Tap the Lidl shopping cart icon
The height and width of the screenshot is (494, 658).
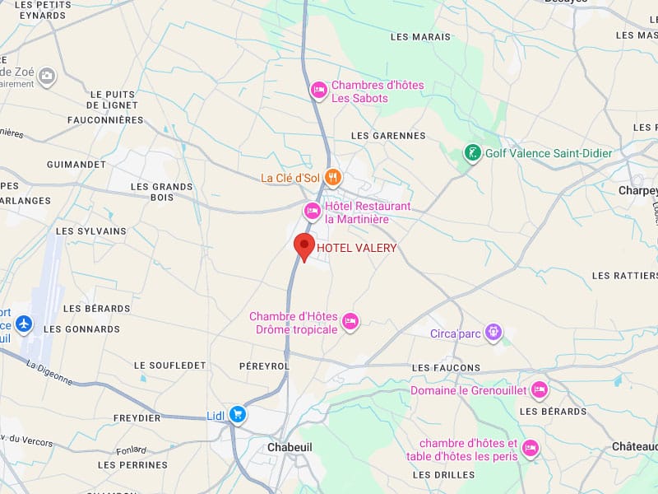(238, 414)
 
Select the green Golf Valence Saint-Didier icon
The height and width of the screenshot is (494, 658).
(472, 152)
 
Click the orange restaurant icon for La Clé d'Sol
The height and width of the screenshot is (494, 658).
(332, 177)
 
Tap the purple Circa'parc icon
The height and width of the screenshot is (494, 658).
(493, 333)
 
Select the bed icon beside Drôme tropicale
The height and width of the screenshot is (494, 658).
(351, 322)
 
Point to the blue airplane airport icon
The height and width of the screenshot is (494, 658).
(24, 324)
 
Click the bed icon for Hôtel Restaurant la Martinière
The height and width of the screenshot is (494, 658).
(313, 212)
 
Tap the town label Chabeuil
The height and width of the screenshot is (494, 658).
(291, 447)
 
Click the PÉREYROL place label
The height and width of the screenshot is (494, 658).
(264, 365)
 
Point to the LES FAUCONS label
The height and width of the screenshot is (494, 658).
(446, 367)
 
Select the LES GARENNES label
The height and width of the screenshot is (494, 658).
(388, 136)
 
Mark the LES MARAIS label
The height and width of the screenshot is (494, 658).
(421, 37)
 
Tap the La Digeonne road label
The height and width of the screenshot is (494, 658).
(49, 373)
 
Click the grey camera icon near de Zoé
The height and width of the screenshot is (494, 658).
(47, 76)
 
